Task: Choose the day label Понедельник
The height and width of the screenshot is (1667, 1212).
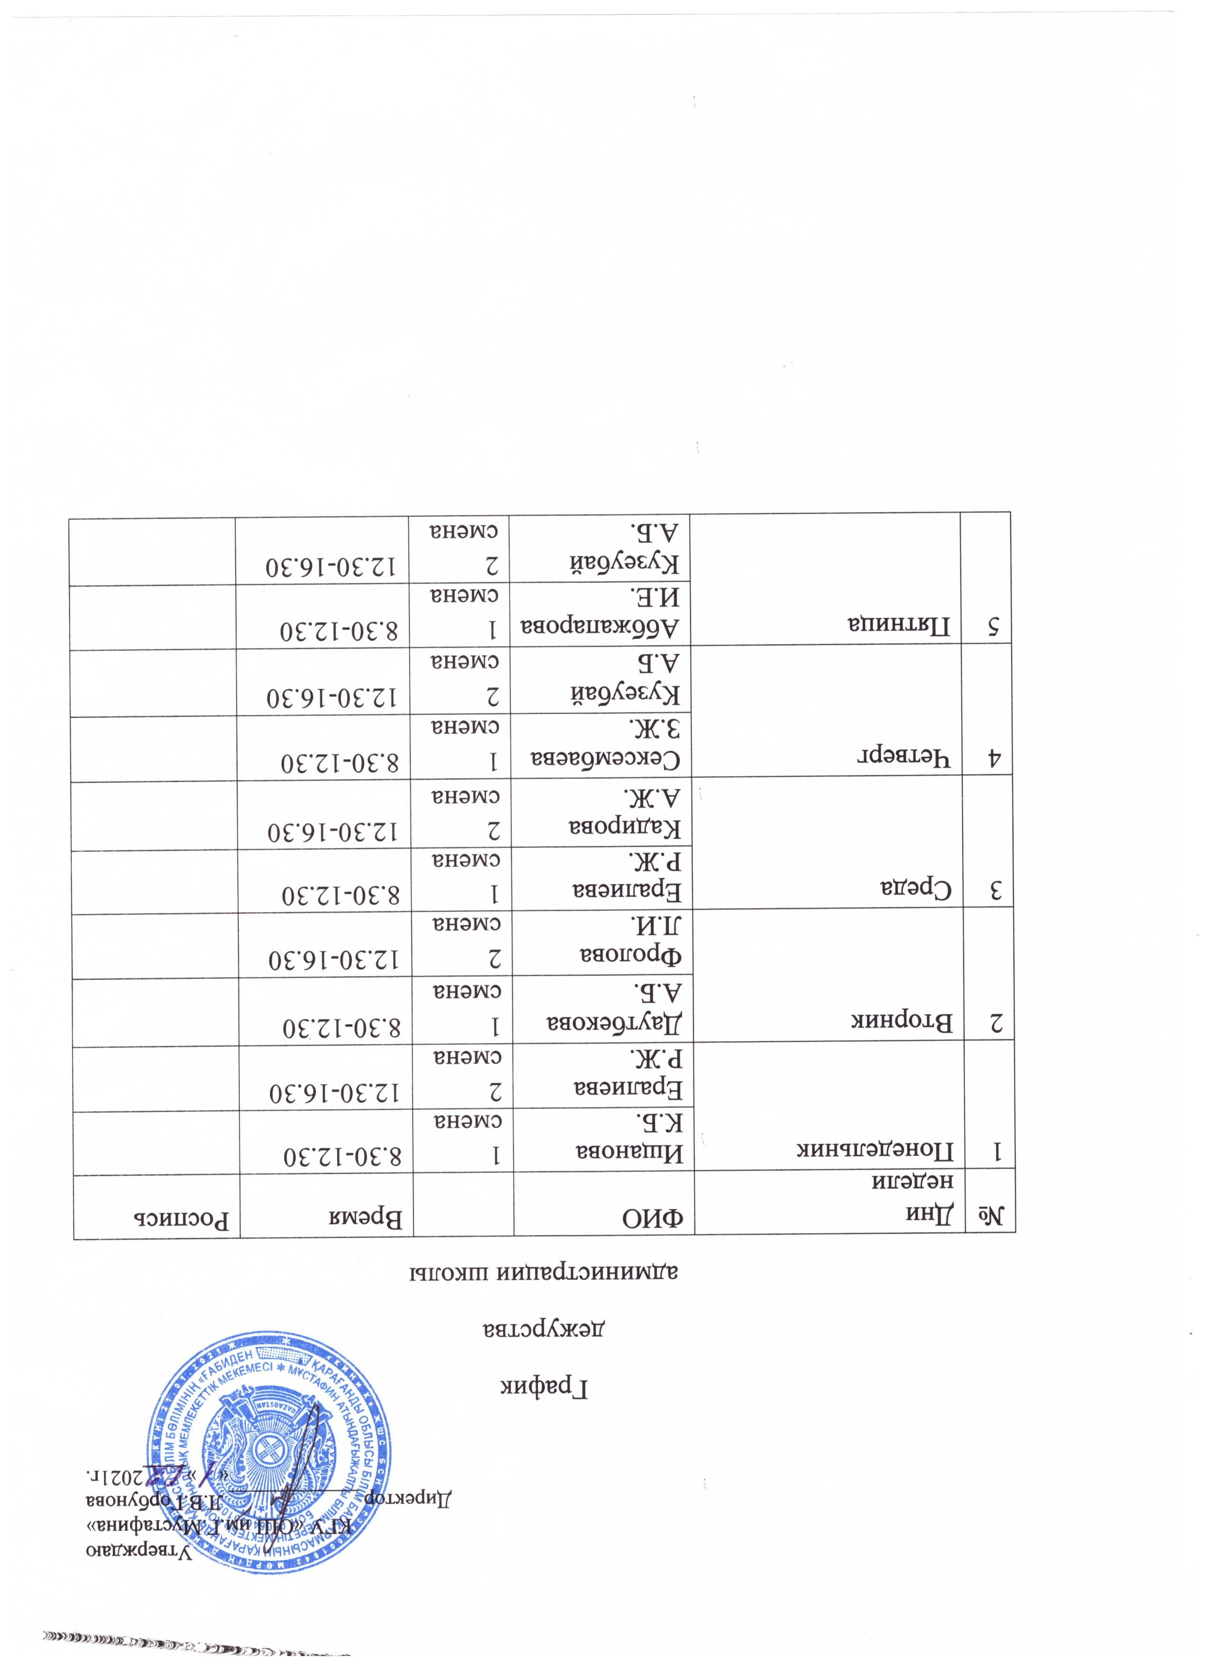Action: [877, 1153]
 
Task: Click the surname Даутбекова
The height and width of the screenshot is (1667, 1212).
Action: [617, 1022]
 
